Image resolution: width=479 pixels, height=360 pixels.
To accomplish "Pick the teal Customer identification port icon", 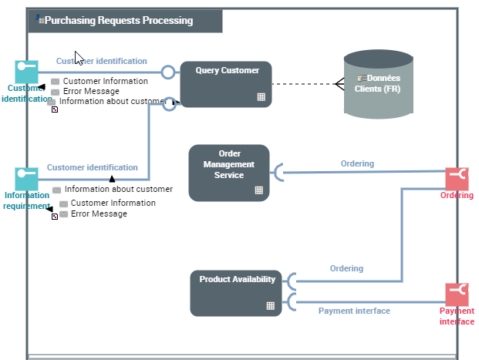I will click(x=26, y=71).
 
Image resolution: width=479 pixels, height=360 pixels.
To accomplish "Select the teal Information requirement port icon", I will click(x=26, y=178).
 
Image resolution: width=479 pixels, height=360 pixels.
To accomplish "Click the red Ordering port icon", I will click(x=457, y=178).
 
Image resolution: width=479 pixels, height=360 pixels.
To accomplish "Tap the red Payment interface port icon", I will click(x=457, y=294).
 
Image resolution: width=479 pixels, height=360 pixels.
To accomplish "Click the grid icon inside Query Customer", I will click(x=261, y=97).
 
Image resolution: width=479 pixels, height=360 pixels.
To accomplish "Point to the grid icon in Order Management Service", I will click(x=258, y=190).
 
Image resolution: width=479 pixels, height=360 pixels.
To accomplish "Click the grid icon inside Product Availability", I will click(x=271, y=305).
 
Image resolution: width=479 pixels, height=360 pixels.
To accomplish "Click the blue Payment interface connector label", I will click(x=354, y=311).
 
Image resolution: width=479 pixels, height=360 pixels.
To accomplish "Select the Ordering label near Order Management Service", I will click(x=357, y=163).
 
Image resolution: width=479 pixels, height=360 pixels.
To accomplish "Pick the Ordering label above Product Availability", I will click(x=346, y=269).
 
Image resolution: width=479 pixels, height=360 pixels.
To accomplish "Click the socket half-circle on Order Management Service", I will click(x=278, y=173).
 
